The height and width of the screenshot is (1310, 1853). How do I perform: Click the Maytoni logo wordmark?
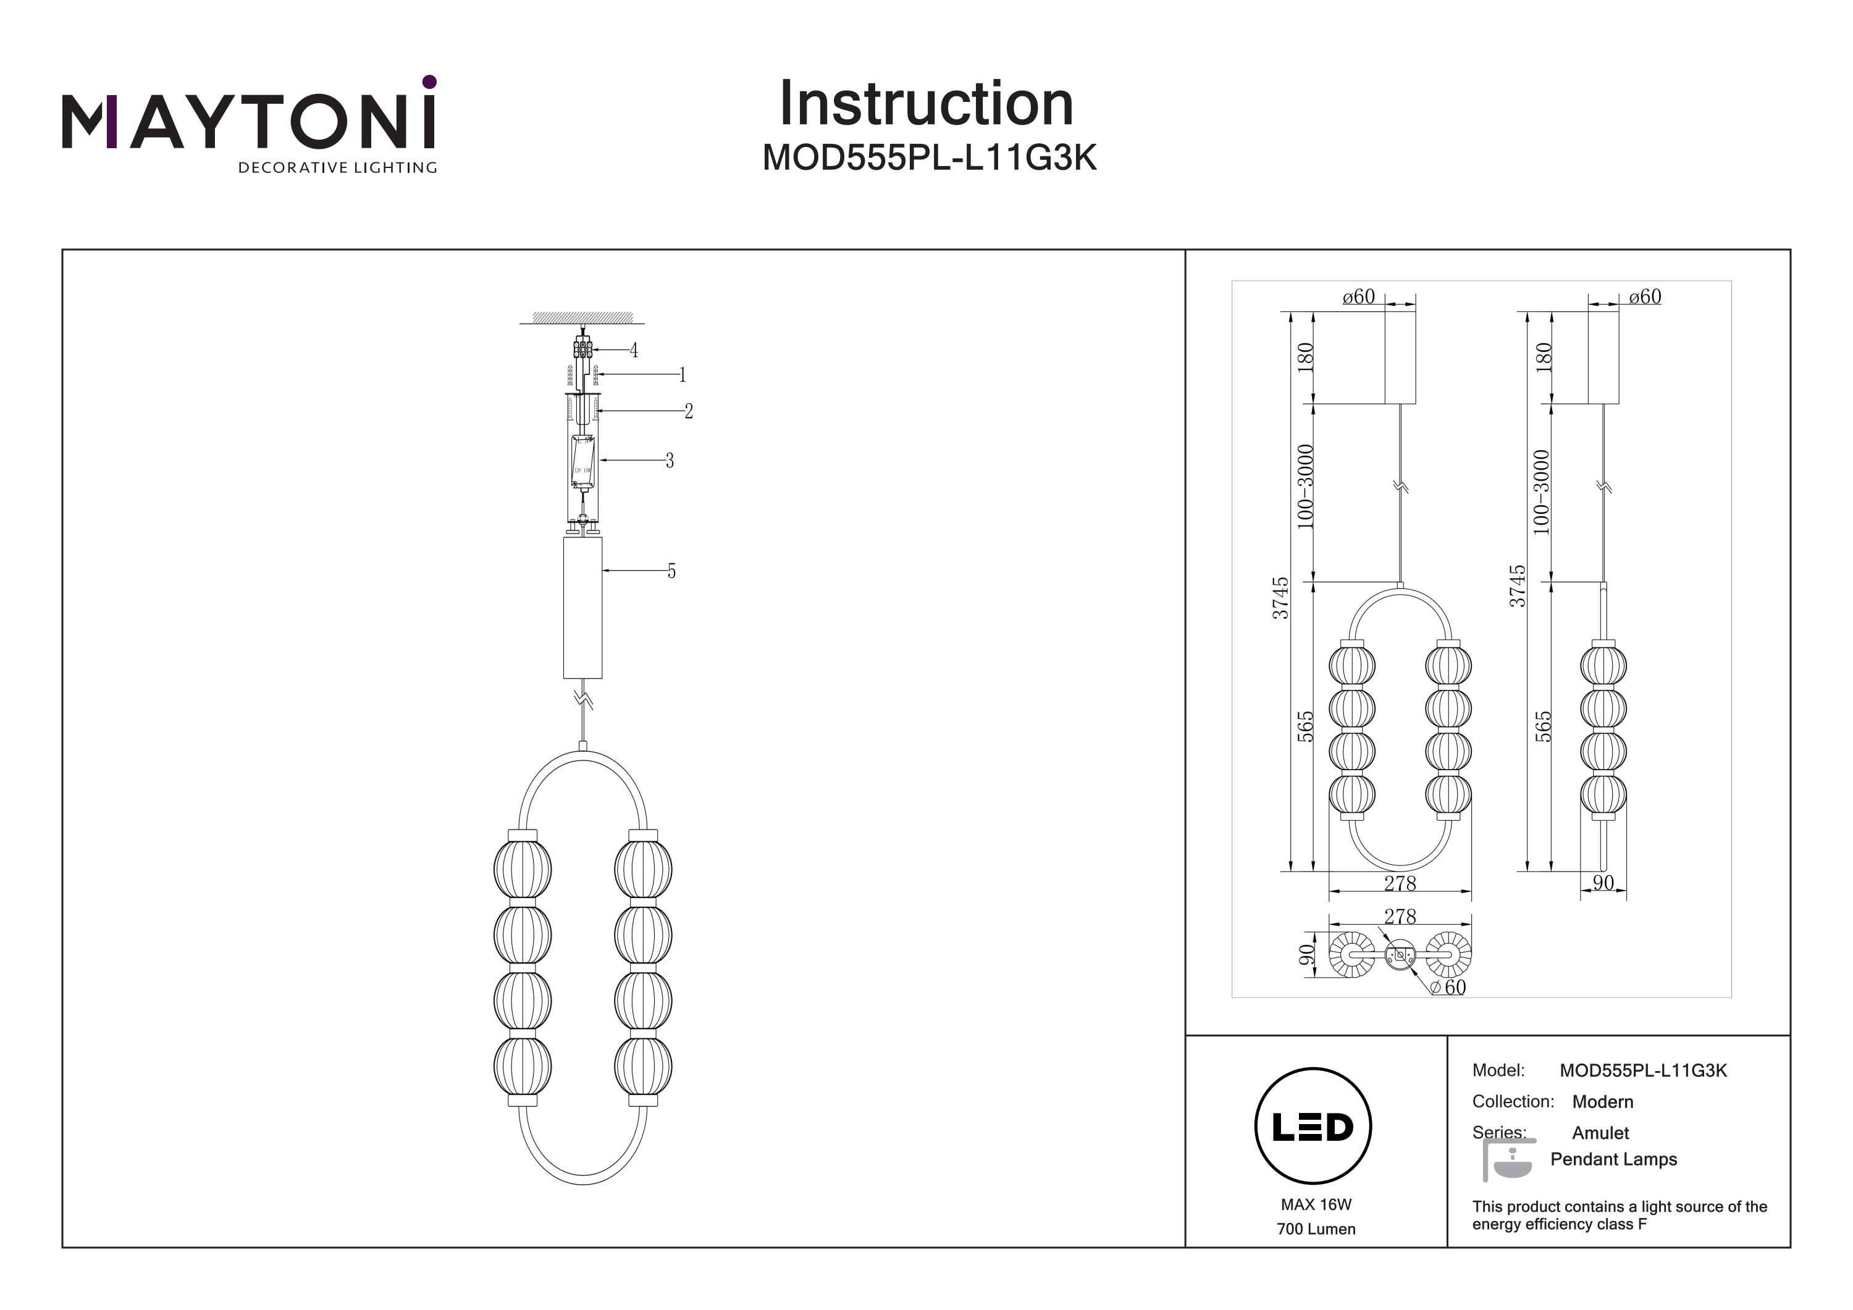(248, 123)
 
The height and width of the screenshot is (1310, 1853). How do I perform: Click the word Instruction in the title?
(926, 104)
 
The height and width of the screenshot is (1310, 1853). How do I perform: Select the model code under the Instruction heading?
(929, 159)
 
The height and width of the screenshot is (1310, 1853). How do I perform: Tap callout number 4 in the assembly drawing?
(634, 350)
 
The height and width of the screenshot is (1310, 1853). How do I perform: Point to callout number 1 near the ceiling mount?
(682, 374)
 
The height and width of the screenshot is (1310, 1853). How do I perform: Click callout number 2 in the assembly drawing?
(689, 411)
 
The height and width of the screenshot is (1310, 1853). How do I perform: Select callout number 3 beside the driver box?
(669, 460)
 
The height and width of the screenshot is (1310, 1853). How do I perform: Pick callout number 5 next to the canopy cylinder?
(671, 571)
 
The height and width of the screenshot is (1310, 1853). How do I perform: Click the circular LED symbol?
(1313, 1126)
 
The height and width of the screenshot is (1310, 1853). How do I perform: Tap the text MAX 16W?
(1316, 1204)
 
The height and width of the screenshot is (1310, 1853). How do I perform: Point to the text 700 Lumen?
(1316, 1229)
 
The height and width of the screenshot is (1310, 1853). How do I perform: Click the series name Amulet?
(1600, 1132)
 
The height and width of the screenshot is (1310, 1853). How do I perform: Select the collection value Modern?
(1602, 1102)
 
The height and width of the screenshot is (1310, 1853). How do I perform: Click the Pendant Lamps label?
(1613, 1159)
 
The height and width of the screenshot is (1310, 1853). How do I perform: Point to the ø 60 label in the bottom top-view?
(1448, 987)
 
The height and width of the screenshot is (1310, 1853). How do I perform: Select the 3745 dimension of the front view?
(1280, 597)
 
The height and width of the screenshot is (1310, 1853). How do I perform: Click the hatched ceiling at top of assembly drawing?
(582, 316)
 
